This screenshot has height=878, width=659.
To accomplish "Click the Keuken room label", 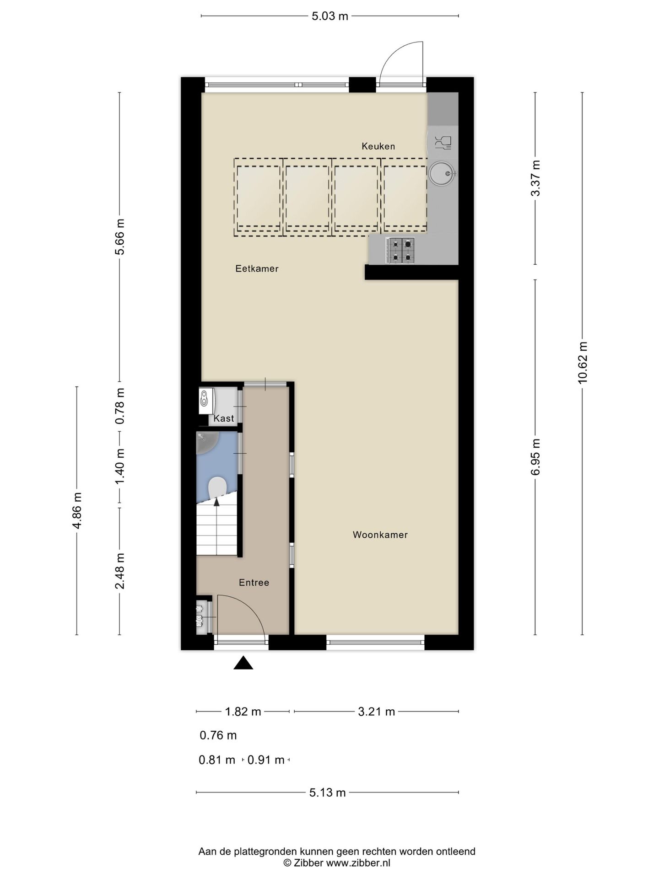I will click(378, 146).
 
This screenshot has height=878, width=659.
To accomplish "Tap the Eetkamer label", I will click(257, 269).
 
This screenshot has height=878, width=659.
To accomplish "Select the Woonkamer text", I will click(380, 535).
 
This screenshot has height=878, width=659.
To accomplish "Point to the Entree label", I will click(254, 583).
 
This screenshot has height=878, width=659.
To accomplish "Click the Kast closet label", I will click(224, 418).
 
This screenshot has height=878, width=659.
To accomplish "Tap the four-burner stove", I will click(400, 251).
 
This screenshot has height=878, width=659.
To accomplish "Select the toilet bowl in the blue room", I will click(216, 487).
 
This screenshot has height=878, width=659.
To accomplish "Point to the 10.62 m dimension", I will click(582, 363).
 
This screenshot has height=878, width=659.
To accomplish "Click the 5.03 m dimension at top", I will click(329, 16).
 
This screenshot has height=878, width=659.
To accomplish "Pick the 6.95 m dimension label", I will click(535, 457).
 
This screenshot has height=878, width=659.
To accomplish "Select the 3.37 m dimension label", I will click(535, 178).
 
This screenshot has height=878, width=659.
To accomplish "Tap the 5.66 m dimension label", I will click(120, 237).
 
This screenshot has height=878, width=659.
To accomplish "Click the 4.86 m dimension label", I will click(77, 510).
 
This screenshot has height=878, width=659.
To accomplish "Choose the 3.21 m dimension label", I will click(376, 712).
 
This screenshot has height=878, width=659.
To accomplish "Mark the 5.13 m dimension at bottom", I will click(327, 792).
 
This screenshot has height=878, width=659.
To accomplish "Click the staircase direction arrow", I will click(216, 502).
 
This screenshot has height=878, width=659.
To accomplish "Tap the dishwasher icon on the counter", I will click(443, 143).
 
